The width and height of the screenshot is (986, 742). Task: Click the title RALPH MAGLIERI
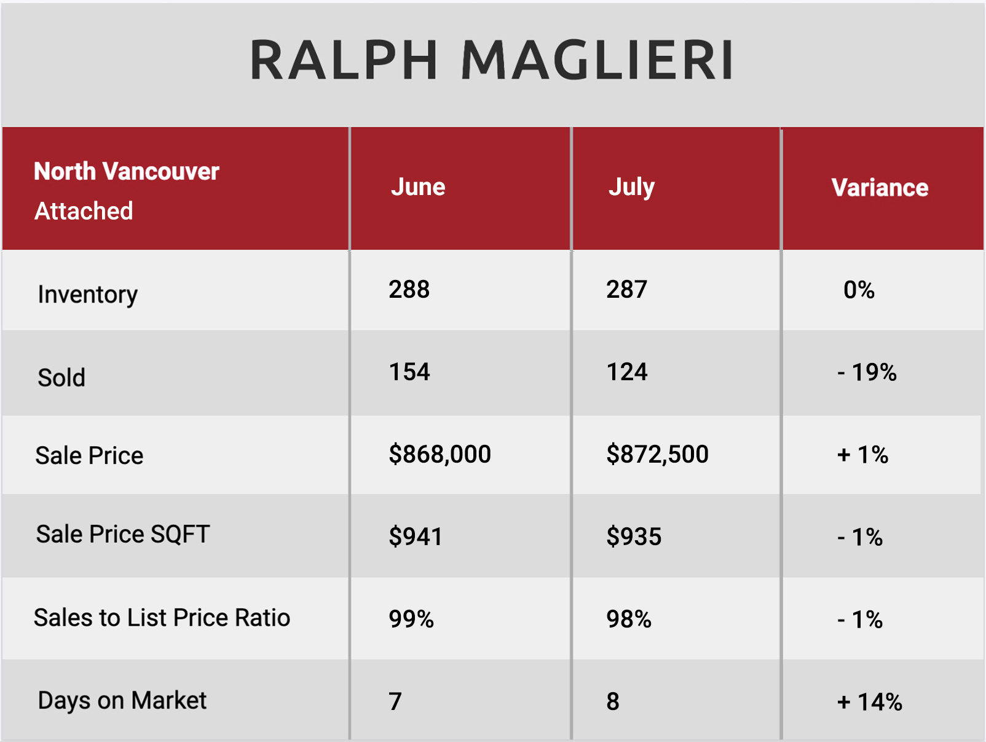(492, 60)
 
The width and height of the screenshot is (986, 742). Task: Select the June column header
(418, 186)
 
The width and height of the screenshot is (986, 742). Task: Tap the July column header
(631, 188)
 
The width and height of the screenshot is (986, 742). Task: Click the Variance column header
(880, 188)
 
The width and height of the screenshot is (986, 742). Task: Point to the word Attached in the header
(84, 211)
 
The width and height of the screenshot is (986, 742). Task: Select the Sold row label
(61, 378)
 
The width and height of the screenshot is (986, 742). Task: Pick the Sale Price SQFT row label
(122, 535)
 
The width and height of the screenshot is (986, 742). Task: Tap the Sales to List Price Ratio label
(162, 618)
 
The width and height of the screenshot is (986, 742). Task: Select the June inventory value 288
(409, 289)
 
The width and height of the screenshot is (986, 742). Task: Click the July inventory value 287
(626, 289)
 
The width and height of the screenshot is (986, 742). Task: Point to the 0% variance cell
(859, 290)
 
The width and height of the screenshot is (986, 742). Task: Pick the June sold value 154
(409, 372)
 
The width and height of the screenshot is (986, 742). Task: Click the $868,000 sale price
(440, 454)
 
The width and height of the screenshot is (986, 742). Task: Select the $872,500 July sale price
(657, 454)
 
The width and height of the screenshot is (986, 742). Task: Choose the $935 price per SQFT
(634, 537)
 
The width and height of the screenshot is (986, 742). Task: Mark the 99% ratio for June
(411, 619)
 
